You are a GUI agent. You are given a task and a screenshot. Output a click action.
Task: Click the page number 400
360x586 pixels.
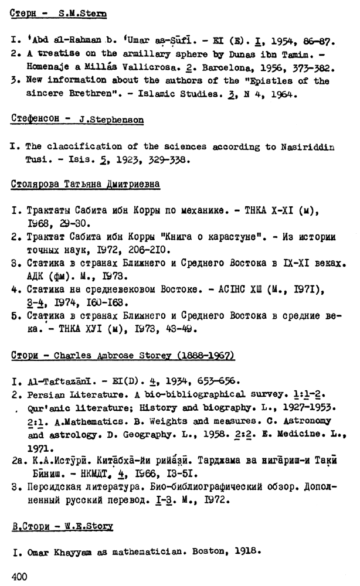tap(19, 577)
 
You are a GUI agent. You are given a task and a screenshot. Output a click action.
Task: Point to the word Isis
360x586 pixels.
tap(79, 159)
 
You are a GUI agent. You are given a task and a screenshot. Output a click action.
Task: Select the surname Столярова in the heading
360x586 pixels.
tap(38, 184)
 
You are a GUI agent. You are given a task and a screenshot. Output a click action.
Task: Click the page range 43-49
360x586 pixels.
tap(182, 329)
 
